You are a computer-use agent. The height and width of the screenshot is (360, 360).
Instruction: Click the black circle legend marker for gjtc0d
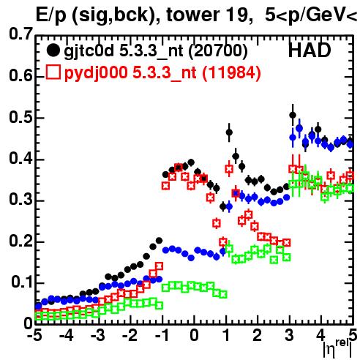(53, 50)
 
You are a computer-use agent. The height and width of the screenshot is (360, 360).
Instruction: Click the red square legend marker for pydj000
(53, 72)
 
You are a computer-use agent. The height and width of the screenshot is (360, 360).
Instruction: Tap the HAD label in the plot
(310, 50)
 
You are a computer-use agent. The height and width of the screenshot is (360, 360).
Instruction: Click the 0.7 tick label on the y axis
(20, 34)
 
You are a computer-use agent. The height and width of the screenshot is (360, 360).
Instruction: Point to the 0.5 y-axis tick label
(20, 117)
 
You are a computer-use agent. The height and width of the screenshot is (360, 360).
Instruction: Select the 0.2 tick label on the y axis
(20, 241)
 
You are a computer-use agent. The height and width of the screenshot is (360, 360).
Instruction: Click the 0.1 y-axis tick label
(22, 282)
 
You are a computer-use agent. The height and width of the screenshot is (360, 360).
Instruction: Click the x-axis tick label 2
(258, 336)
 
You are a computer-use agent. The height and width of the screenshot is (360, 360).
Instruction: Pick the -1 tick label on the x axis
(162, 336)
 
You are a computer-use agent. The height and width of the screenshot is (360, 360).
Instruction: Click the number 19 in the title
(234, 15)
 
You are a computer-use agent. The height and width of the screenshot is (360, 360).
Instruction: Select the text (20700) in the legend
(218, 50)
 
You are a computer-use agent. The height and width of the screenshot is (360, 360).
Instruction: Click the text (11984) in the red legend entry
(232, 72)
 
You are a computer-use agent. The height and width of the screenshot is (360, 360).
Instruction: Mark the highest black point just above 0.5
(293, 115)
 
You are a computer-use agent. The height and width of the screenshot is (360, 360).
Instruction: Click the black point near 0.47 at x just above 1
(229, 132)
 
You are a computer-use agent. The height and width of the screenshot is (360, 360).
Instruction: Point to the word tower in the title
(193, 15)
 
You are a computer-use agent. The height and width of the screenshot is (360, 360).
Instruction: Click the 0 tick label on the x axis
(194, 336)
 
